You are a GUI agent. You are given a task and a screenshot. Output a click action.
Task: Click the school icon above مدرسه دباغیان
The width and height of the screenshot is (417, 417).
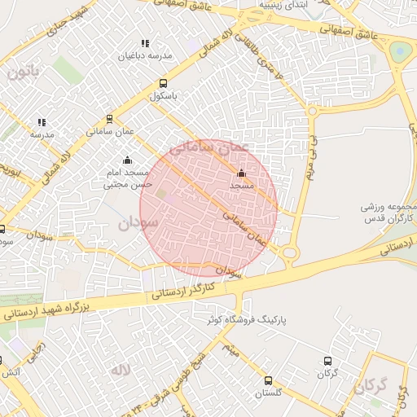click(145, 44)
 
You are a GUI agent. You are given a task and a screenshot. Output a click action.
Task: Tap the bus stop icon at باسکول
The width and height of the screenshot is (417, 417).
click(163, 83)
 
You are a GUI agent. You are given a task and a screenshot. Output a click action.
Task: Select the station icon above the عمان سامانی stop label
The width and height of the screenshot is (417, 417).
click(109, 119)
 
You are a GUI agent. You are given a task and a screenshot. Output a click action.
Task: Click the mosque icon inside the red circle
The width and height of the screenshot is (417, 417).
click(240, 173)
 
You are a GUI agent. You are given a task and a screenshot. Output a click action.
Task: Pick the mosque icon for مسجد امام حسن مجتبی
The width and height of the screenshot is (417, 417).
click(125, 160)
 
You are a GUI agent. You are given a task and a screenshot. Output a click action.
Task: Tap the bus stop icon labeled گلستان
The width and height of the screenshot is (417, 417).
click(268, 380)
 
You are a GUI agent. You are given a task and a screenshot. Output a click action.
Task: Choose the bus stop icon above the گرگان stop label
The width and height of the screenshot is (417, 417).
click(327, 361)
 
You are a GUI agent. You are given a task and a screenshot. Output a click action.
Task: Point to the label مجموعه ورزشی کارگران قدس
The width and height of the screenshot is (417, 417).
click(388, 213)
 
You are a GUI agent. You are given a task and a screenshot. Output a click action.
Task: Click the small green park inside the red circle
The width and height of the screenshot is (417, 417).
click(161, 194)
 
